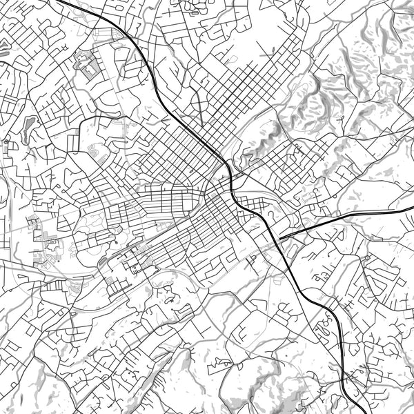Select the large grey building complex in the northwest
pyautogui.click(x=86, y=66)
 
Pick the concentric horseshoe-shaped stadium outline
pyautogui.click(x=95, y=149)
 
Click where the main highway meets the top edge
pyautogui.click(x=59, y=1)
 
